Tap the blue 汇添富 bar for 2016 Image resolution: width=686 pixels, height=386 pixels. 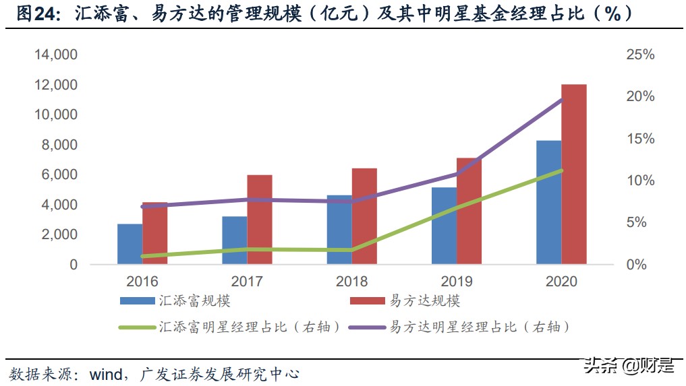[x=130, y=244]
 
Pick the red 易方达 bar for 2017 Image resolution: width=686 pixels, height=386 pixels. [x=260, y=219]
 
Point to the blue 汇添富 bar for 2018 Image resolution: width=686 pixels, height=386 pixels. [x=339, y=230]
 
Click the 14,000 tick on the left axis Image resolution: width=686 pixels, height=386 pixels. [x=57, y=55]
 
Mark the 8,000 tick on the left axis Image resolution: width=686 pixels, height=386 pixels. [x=60, y=145]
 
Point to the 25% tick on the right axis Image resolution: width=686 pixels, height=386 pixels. [x=640, y=55]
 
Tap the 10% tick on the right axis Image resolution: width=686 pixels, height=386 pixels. [x=640, y=181]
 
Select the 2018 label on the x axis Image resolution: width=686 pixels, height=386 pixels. [x=351, y=281]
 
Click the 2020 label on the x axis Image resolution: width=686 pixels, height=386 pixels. [x=561, y=281]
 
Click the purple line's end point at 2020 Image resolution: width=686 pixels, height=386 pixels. [x=562, y=100]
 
